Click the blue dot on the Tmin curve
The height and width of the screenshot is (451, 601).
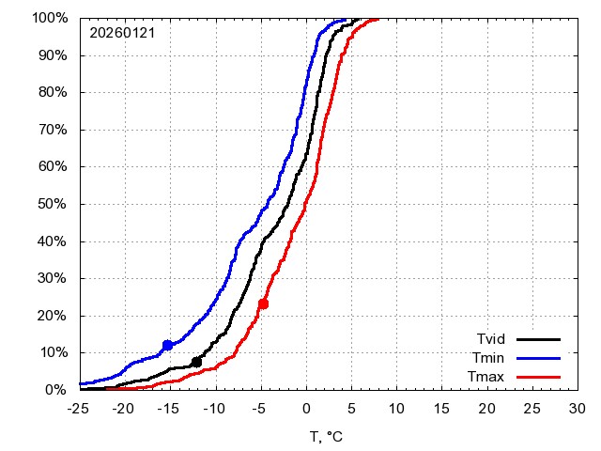click(x=168, y=345)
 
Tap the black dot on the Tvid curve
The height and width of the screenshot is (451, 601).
click(x=196, y=362)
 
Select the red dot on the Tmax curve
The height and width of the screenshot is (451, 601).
click(x=263, y=303)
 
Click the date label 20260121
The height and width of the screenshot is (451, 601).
click(x=122, y=33)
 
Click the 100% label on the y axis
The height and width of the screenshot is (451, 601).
click(x=51, y=18)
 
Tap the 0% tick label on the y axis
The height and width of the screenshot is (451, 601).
click(x=58, y=389)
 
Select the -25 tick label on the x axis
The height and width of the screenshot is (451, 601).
click(x=80, y=409)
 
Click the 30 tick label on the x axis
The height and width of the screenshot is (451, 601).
click(x=578, y=409)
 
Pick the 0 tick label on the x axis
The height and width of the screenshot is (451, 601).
click(x=306, y=409)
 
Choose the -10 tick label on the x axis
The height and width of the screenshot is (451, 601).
click(x=215, y=409)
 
